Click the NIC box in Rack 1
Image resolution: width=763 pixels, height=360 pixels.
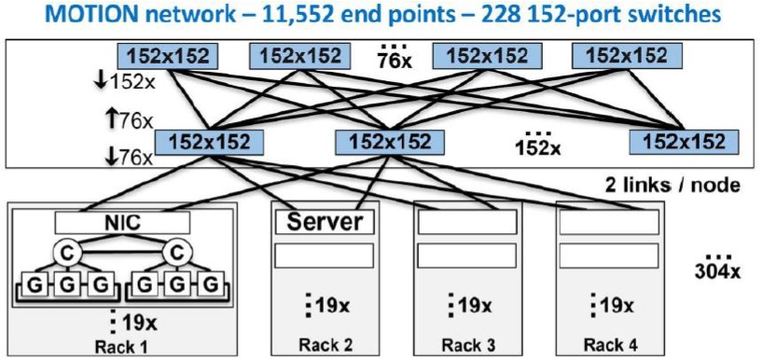click(122, 222)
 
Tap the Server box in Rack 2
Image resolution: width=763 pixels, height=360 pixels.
click(325, 222)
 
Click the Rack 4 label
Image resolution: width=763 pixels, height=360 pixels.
click(611, 345)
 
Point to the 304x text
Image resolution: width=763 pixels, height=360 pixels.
click(717, 271)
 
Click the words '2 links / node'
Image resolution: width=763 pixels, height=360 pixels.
click(673, 185)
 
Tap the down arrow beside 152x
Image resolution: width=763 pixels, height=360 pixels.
click(102, 82)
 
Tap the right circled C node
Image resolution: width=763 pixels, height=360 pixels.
click(177, 252)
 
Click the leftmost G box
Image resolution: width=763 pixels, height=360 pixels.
click(35, 285)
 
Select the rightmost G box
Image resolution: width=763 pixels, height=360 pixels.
click(210, 285)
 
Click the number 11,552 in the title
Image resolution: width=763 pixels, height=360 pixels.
click(307, 15)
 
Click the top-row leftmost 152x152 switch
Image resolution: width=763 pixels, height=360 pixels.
click(167, 56)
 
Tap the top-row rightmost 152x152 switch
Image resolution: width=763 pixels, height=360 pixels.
click(626, 56)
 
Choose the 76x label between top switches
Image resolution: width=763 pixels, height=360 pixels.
click(395, 61)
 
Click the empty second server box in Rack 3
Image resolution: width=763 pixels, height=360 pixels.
click(467, 256)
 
